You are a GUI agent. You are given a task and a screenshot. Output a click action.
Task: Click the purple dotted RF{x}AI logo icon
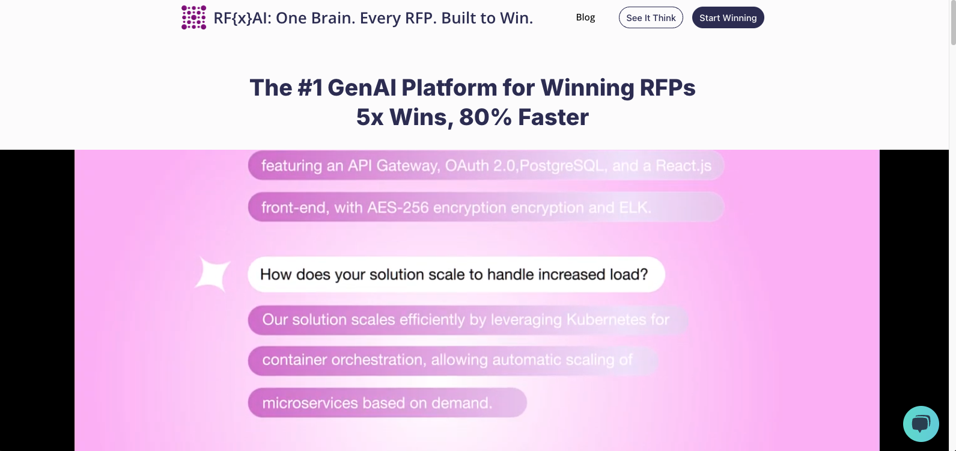tap(193, 17)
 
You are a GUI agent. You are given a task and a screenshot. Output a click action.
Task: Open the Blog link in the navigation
tap(585, 17)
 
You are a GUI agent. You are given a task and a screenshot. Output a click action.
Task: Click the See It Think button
tap(651, 17)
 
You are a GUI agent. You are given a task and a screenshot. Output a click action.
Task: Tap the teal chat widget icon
tap(921, 424)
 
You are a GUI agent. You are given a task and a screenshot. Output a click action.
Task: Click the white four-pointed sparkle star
tap(213, 274)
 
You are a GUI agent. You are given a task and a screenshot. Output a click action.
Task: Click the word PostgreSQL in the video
tap(561, 165)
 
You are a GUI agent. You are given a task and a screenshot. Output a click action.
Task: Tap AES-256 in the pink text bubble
tap(398, 207)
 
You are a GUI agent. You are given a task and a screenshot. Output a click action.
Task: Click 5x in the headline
tap(370, 117)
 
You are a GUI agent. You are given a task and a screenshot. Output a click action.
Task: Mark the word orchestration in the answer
tap(377, 360)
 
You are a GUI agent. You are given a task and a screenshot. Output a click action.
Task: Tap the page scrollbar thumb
tap(952, 23)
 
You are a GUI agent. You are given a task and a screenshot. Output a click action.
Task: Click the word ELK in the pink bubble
tap(635, 207)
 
